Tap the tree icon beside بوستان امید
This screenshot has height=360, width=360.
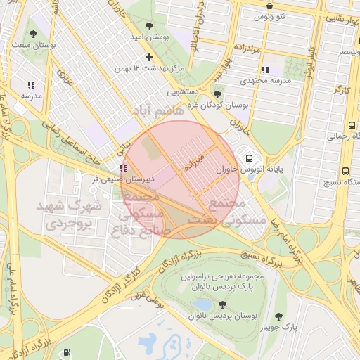[x=148, y=25]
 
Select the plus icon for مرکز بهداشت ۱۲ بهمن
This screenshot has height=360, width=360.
[x=148, y=57]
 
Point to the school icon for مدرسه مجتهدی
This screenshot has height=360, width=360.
[x=265, y=70]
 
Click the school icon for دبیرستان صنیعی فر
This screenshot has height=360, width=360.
[x=124, y=168]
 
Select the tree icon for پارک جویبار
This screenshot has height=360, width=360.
[x=279, y=316]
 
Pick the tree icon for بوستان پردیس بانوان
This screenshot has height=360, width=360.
[x=223, y=305]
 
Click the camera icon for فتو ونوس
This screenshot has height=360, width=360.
[x=269, y=6]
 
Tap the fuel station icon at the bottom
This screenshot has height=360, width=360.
[x=66, y=353]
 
